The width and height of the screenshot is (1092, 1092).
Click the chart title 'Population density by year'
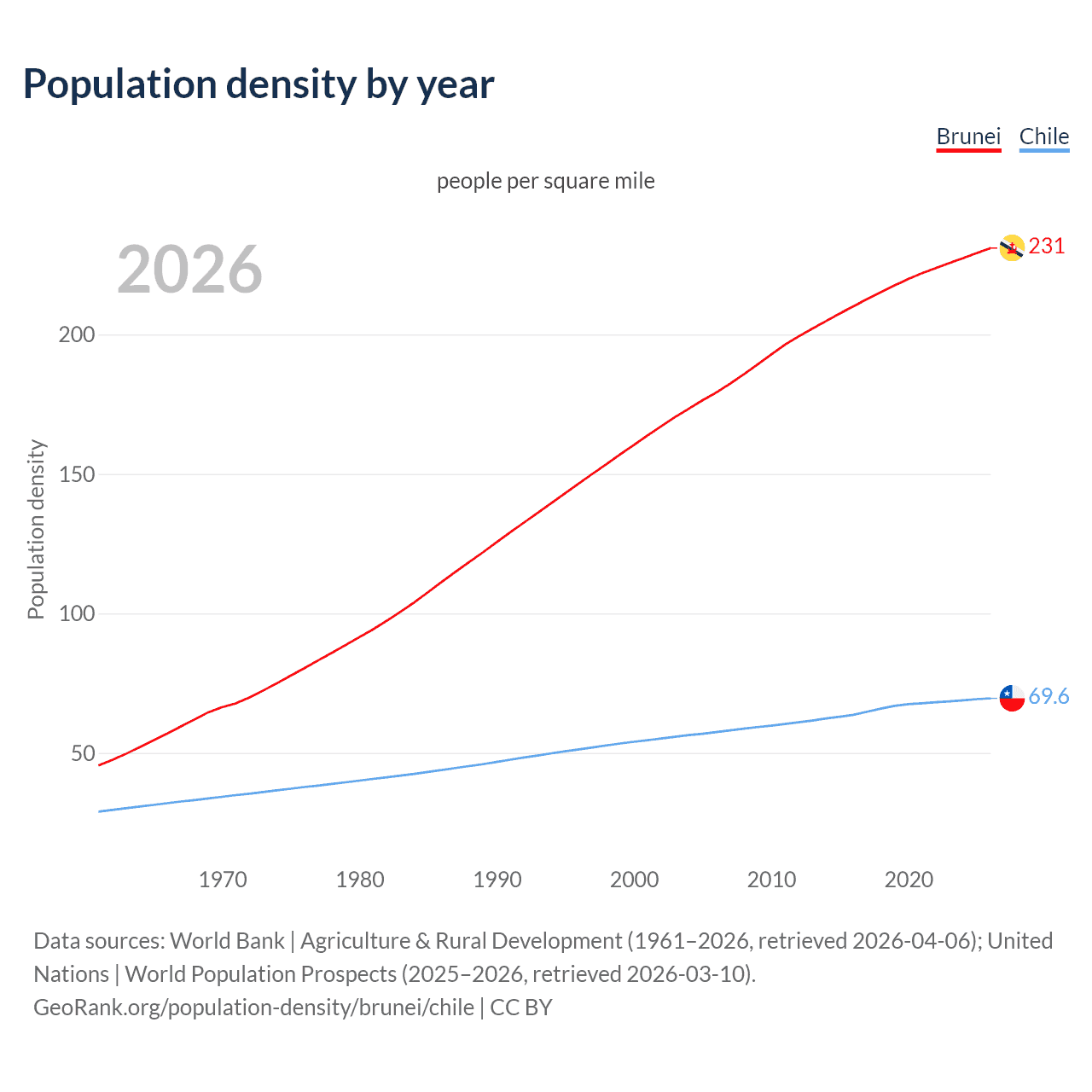(258, 84)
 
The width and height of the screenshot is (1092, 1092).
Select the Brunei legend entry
(968, 136)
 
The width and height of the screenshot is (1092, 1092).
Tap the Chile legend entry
(1044, 136)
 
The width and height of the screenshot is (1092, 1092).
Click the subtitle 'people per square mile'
(546, 182)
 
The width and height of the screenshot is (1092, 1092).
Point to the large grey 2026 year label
(189, 270)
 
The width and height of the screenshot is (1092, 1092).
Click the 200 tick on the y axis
(77, 334)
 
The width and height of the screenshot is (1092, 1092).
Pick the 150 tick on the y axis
(77, 474)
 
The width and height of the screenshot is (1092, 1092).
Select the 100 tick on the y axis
(77, 613)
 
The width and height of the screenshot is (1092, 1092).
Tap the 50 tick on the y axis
(83, 753)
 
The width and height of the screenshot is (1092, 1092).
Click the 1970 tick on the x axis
(223, 880)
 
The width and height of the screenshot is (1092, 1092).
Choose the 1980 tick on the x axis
(360, 880)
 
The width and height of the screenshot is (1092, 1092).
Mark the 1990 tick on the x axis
(497, 880)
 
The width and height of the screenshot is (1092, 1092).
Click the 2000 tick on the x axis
(635, 880)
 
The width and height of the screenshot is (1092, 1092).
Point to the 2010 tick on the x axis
(772, 880)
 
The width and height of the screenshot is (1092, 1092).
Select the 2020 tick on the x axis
(909, 880)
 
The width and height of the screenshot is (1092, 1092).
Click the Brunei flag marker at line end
(1012, 247)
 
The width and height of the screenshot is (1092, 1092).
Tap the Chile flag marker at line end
(1012, 698)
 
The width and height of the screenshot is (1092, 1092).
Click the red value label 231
(1047, 247)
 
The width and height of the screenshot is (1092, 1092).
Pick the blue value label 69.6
(1048, 697)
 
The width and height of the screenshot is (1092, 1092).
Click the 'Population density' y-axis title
(36, 529)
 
